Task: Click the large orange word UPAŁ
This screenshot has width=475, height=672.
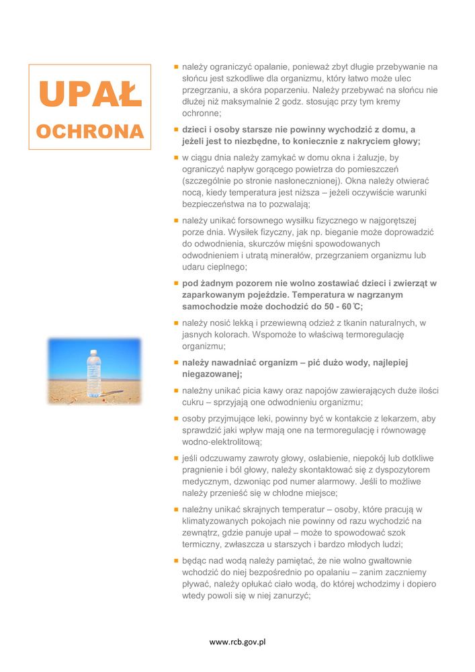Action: [x=90, y=94]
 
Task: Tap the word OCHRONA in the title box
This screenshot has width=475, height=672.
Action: [x=90, y=130]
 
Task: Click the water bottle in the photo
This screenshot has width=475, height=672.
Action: [x=93, y=372]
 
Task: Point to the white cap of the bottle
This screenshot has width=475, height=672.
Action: [x=93, y=350]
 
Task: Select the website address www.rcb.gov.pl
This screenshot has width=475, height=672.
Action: [x=237, y=642]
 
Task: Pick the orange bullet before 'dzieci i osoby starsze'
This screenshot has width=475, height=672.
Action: [x=175, y=129]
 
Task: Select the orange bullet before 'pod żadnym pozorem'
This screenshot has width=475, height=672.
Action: [x=175, y=283]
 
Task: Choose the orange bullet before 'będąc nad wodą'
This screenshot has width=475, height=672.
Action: [x=175, y=560]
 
